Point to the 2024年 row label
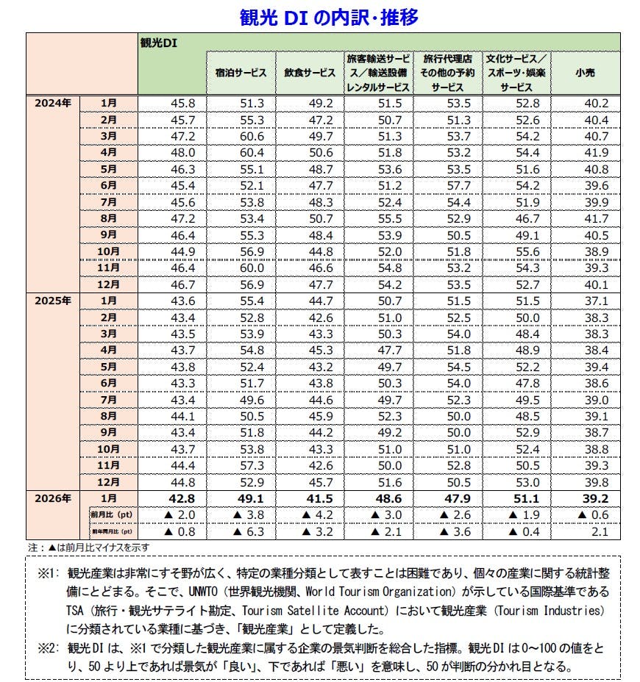(x=52, y=104)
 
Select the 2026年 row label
(x=52, y=499)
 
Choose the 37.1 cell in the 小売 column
(x=596, y=301)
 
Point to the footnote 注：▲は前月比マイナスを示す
(x=82, y=548)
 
